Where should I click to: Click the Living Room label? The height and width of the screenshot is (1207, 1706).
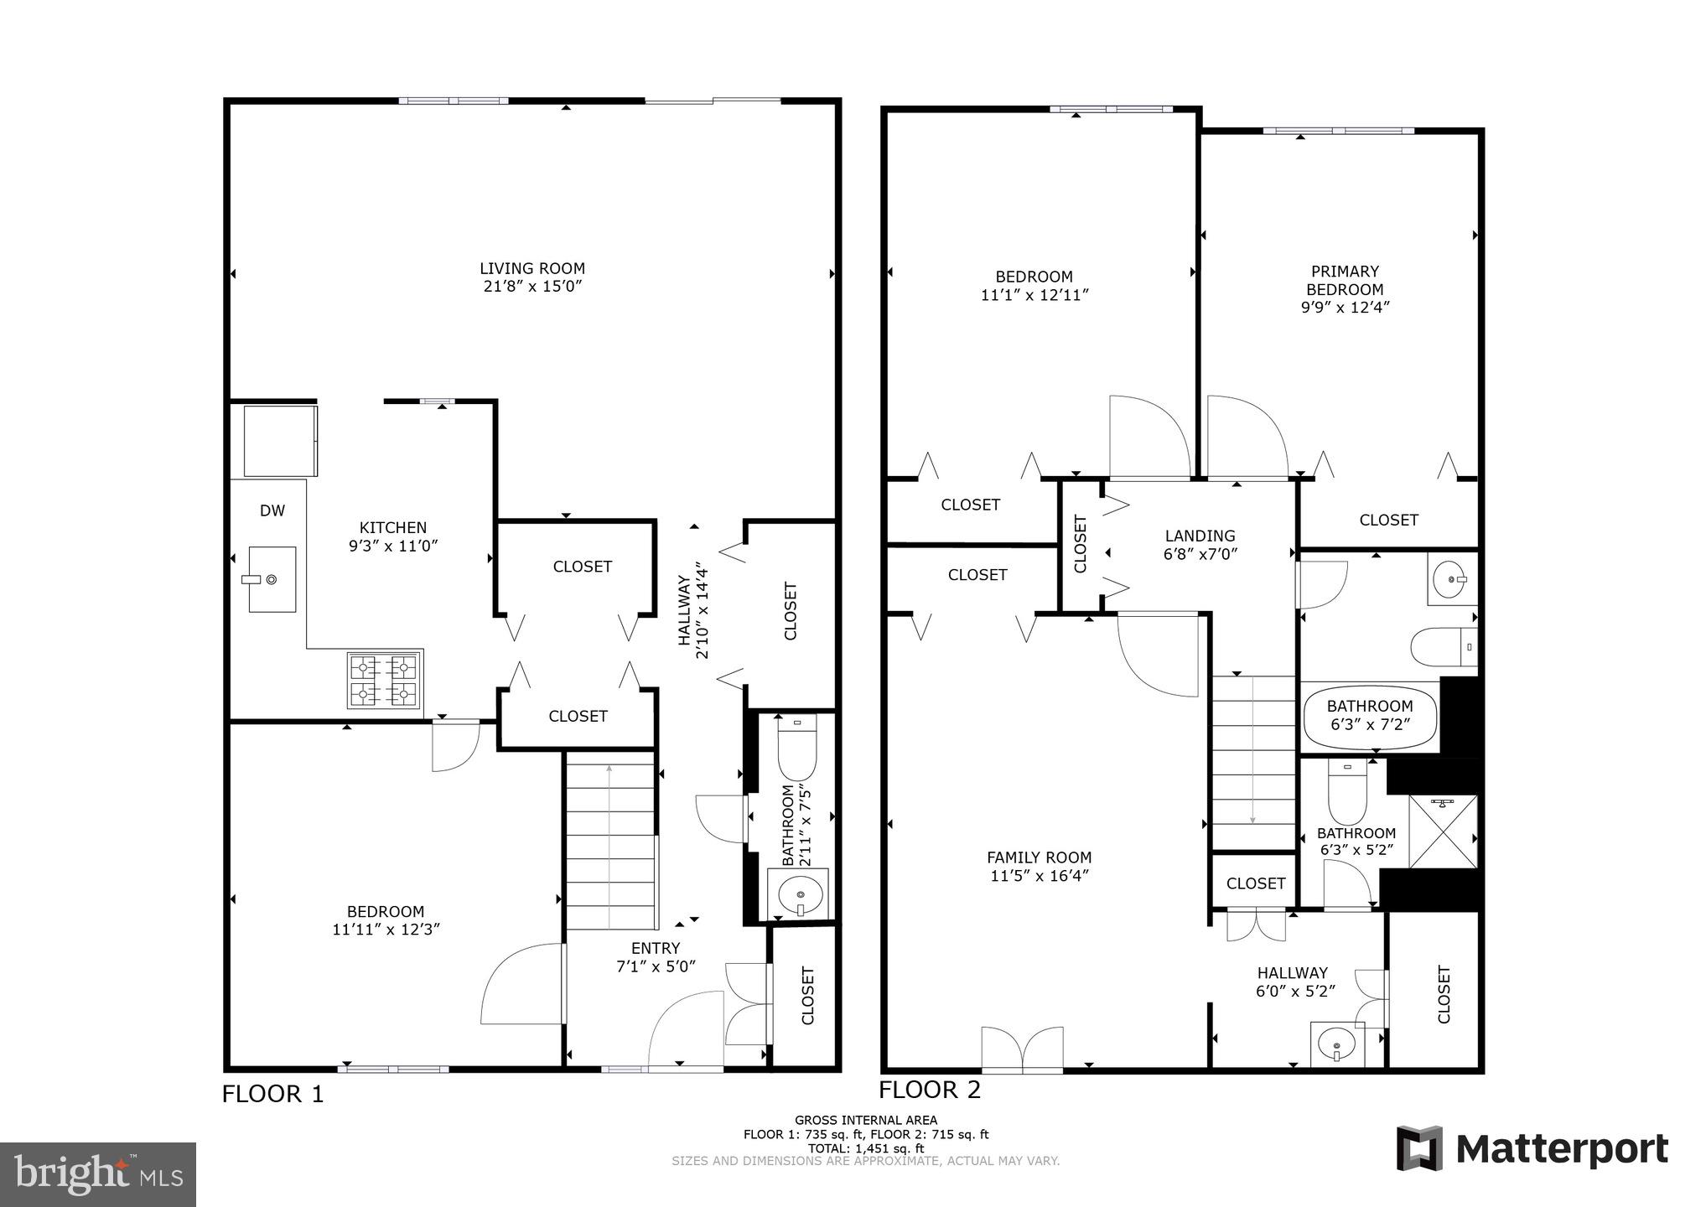[x=532, y=277]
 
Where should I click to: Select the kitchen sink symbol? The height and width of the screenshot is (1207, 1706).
[x=272, y=579]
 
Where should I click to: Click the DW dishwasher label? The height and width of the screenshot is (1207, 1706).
[x=272, y=510]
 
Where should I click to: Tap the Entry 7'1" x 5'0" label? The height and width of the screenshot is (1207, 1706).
[x=656, y=956]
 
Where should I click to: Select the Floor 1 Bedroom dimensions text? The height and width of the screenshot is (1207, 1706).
[x=386, y=930]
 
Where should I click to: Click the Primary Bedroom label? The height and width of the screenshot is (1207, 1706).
[x=1345, y=289]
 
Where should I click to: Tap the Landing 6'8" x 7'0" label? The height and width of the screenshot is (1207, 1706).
[x=1200, y=545]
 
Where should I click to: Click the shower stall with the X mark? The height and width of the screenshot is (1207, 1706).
[x=1442, y=831]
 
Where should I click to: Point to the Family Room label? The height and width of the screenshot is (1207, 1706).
[x=1039, y=867]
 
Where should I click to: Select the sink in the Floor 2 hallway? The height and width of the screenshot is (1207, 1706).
[x=1336, y=1045]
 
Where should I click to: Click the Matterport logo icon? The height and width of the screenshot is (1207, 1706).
[x=1419, y=1148]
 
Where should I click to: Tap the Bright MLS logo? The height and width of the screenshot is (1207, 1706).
[x=98, y=1174]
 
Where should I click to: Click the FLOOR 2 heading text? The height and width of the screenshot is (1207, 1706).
[x=929, y=1090]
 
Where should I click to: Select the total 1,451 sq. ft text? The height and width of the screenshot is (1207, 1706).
[x=865, y=1148]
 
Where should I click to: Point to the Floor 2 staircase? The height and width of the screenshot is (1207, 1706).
[x=1252, y=763]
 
